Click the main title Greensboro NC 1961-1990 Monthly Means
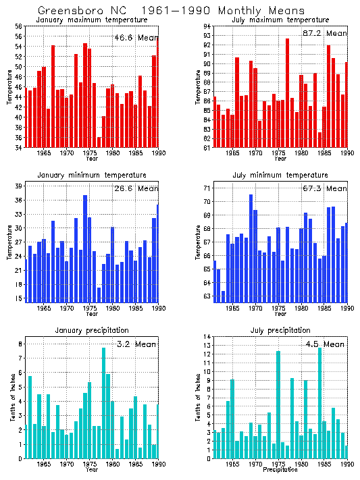pos(171,11)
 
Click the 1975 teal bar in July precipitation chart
pos(278,404)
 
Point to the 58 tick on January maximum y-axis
pos(19,26)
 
